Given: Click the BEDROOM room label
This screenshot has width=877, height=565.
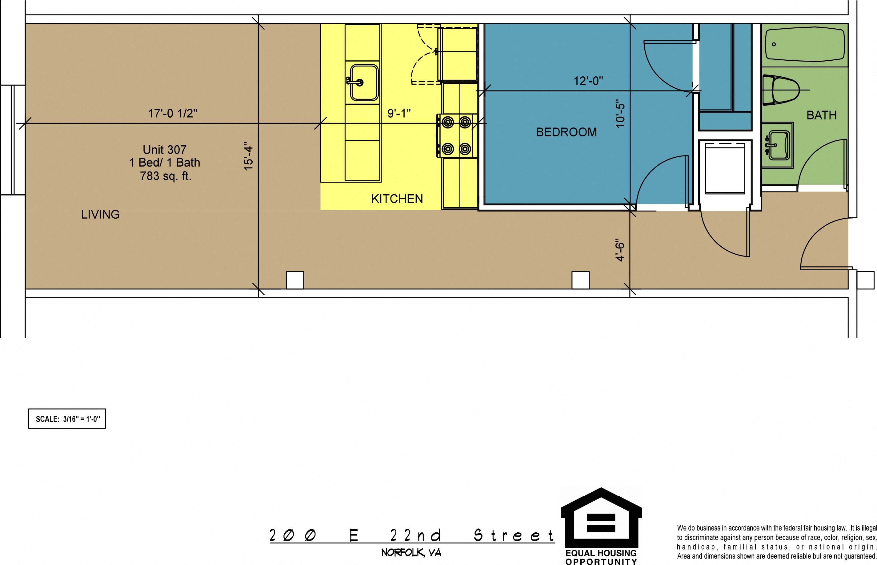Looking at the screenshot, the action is click(566, 132).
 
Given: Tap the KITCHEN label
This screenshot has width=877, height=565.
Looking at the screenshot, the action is click(397, 199).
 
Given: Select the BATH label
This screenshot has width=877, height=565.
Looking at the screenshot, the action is click(822, 115).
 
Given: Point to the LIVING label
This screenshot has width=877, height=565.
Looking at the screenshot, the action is click(100, 214).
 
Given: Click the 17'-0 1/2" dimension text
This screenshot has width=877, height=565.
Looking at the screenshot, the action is click(172, 113).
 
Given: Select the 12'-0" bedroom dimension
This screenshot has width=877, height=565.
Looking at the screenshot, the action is click(588, 81).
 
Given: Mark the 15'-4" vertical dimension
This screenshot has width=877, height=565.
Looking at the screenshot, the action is click(249, 156).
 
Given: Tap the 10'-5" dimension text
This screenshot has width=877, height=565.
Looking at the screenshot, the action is click(620, 113).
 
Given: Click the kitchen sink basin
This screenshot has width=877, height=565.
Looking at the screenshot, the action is click(364, 83).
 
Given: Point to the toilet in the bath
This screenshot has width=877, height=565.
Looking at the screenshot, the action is click(781, 90).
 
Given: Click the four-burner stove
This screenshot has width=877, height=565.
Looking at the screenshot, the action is click(456, 136).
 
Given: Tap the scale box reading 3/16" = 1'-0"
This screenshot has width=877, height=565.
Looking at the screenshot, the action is click(67, 419).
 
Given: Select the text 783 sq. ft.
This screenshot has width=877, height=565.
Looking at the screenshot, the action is click(166, 176).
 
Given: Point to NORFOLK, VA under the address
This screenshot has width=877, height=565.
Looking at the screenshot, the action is click(411, 552).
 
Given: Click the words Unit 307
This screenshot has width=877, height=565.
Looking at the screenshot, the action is click(165, 150).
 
